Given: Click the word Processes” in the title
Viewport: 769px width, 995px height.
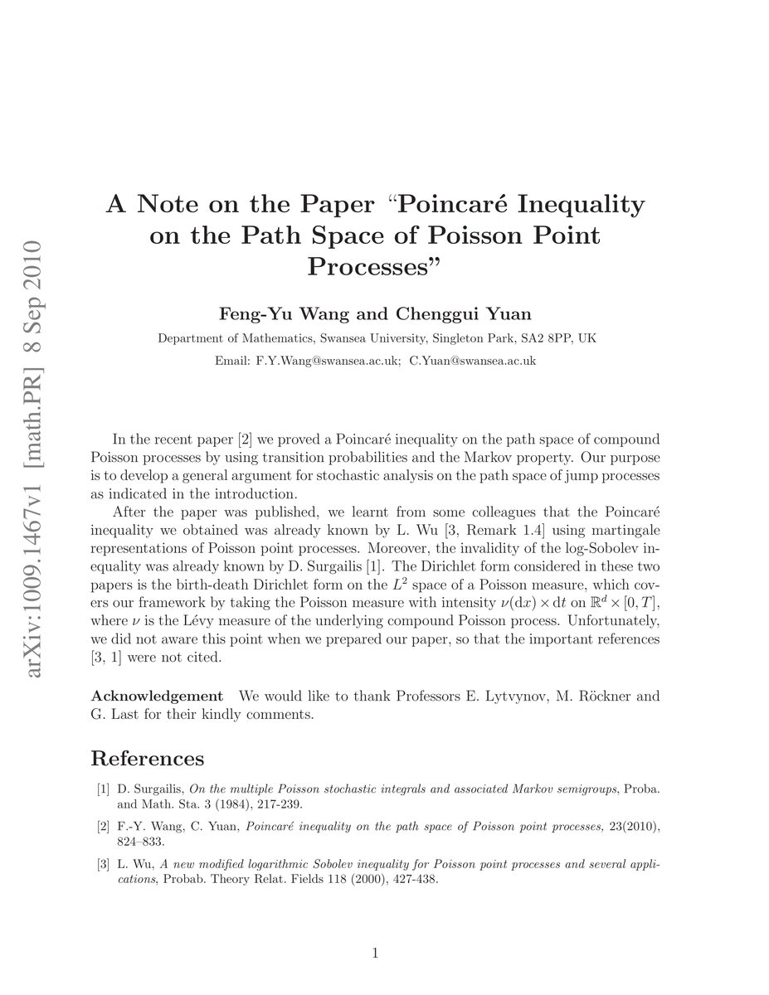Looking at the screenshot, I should [x=375, y=267].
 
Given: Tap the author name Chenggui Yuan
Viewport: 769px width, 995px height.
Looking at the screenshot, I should [x=463, y=313].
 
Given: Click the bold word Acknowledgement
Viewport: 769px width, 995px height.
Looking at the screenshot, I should [x=157, y=696].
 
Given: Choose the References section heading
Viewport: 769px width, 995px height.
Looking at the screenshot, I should [x=147, y=758].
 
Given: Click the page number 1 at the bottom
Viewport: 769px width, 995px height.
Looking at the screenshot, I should [x=375, y=954].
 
